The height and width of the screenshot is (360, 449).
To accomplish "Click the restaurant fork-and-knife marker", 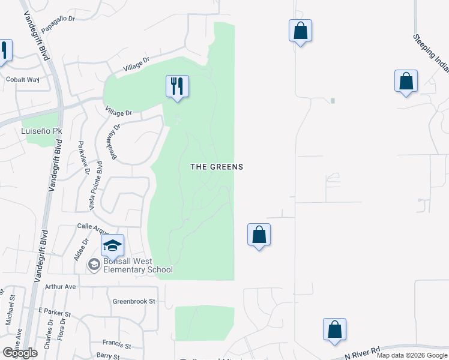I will tap(177, 86).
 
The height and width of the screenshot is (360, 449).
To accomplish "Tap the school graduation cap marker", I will tap(112, 245).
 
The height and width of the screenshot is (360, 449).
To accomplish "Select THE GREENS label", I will tap(217, 167).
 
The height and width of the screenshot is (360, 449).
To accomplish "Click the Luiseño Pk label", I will tap(34, 130).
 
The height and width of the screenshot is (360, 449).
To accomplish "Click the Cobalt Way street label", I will tap(22, 79).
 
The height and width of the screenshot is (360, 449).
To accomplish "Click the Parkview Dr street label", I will tap(83, 158).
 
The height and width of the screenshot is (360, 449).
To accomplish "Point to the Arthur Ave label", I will tap(61, 287).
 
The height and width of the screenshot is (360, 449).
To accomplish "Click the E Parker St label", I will tap(54, 313).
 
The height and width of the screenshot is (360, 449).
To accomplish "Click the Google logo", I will tap(20, 353).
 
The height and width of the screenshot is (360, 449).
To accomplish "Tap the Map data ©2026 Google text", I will tap(412, 355).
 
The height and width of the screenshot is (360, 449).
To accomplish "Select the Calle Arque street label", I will tap(92, 226).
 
